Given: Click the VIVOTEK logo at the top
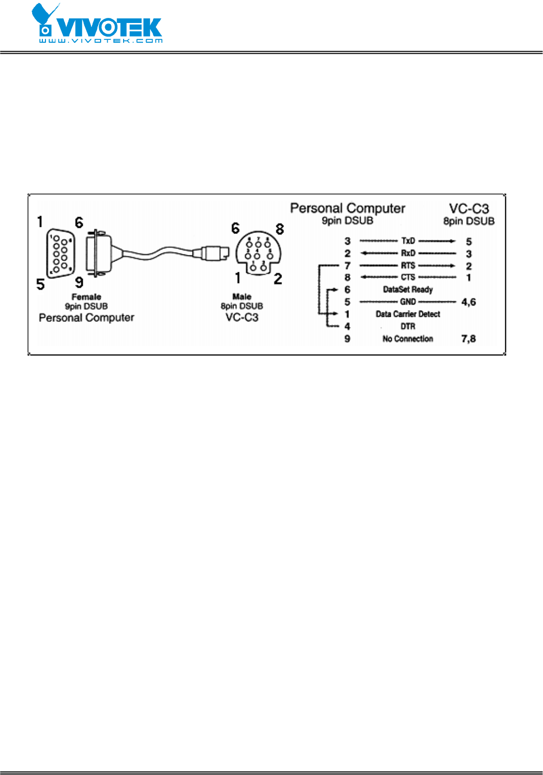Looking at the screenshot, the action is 97,24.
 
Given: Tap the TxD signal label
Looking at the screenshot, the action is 408,241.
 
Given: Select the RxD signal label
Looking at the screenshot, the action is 408,253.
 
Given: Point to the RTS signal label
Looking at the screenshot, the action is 408,265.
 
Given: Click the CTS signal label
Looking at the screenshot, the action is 408,277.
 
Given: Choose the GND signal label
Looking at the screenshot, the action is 408,302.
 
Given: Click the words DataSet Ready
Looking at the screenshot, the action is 408,290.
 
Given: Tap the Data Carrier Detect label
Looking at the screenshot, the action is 408,314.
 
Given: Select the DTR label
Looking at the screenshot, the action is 408,326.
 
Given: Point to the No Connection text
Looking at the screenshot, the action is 408,339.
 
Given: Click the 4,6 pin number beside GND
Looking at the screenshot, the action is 468,302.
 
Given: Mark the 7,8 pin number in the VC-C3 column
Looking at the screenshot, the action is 468,339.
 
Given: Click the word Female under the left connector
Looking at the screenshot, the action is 86,297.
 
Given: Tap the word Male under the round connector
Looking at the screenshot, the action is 242,296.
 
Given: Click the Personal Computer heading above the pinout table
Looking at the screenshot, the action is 347,208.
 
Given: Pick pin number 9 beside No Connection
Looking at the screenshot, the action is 347,339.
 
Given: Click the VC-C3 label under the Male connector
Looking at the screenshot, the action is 242,317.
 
